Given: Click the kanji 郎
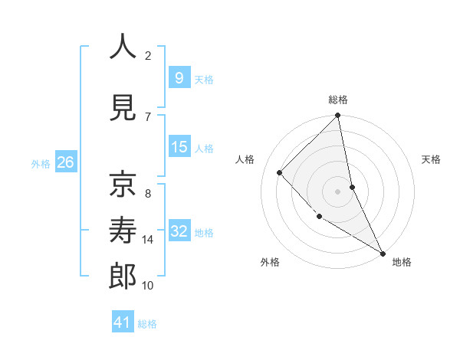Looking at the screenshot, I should tap(123, 276).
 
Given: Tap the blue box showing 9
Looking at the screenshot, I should tap(179, 78).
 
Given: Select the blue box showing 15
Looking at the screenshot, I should tap(179, 147).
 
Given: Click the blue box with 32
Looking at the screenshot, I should tap(179, 231).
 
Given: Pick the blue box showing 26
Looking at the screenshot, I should tap(65, 162).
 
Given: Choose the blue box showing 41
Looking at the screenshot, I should tap(123, 322).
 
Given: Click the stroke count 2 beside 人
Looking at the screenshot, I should tap(148, 55).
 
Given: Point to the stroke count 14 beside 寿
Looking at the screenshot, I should tap(148, 240).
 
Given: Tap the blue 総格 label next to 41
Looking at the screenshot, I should tap(147, 324).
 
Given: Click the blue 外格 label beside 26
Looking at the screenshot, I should tap(41, 163).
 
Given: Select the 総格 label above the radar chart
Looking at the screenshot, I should tap(337, 100).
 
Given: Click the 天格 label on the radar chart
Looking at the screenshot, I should tap(432, 159).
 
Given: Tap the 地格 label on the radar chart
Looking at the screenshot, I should tap(402, 262).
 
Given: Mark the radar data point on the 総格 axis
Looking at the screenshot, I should tap(337, 116).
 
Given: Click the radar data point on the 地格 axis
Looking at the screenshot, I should tap(383, 253).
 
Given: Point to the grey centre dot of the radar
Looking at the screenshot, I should tap(337, 191).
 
